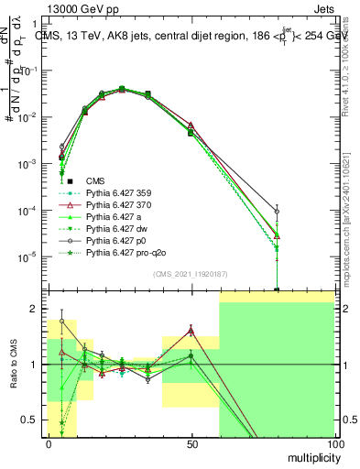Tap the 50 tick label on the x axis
tap(191, 443)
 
